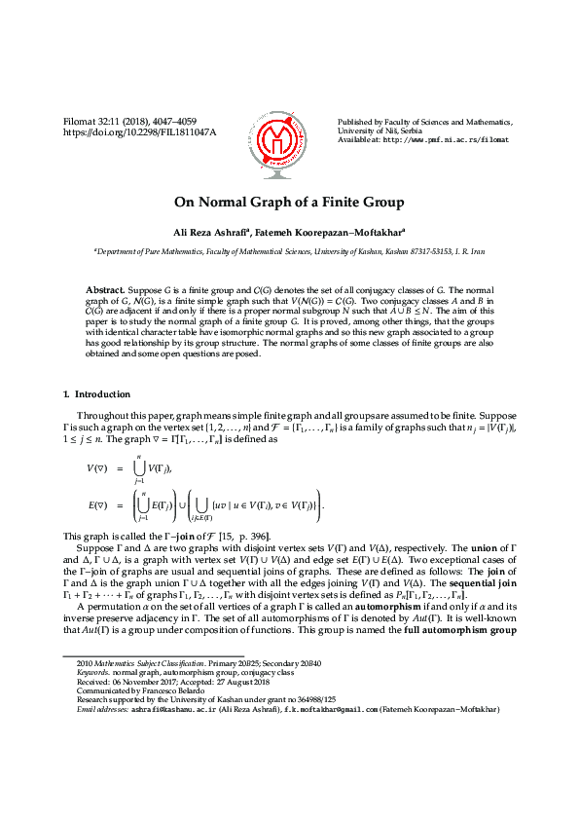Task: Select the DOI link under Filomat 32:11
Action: [139, 131]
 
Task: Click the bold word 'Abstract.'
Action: [106, 291]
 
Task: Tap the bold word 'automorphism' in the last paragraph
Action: [373, 607]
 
